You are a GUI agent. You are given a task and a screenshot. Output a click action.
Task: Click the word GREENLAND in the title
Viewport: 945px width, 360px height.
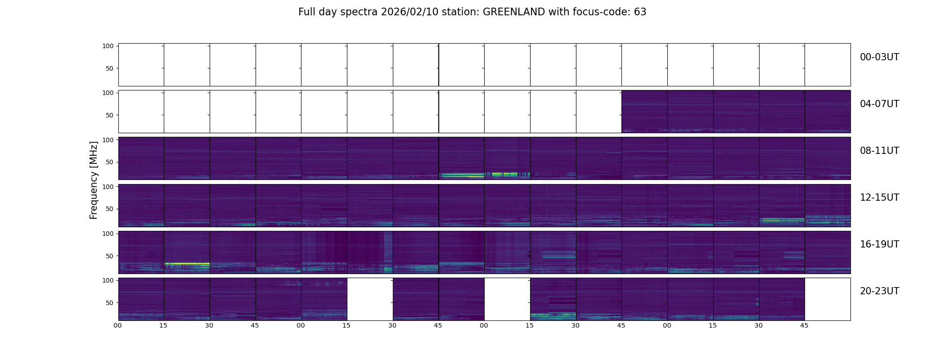coord(514,12)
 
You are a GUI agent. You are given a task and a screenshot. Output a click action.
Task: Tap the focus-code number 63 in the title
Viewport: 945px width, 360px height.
coord(640,12)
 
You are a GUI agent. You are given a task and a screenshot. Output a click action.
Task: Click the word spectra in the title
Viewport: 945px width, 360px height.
coord(360,12)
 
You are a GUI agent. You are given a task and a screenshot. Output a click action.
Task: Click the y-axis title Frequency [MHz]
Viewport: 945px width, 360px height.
coord(94,180)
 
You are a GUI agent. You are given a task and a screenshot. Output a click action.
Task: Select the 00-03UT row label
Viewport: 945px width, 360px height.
coord(879,57)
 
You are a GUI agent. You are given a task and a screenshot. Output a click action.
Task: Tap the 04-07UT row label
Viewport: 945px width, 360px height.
coord(879,104)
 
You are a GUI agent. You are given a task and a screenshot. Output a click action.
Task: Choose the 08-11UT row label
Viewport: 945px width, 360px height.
coord(879,151)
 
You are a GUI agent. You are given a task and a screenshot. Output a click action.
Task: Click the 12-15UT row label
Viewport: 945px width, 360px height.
coord(879,198)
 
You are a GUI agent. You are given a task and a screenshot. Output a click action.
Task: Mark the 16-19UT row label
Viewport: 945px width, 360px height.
coord(879,244)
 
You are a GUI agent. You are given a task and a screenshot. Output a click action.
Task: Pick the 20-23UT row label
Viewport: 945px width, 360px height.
coord(879,291)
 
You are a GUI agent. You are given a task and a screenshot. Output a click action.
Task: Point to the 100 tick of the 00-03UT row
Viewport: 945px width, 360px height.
coord(108,46)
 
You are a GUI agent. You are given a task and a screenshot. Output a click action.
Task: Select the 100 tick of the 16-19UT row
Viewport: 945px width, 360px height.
coord(108,234)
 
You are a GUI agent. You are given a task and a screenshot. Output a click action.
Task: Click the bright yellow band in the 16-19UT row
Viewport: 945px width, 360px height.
coord(187,263)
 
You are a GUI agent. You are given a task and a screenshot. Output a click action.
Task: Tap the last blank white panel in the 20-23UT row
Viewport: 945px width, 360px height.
coord(828,299)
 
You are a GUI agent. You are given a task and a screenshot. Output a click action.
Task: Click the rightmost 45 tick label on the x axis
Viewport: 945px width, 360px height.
coord(804,326)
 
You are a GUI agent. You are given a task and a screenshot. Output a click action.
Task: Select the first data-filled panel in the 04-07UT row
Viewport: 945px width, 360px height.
coord(644,111)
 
